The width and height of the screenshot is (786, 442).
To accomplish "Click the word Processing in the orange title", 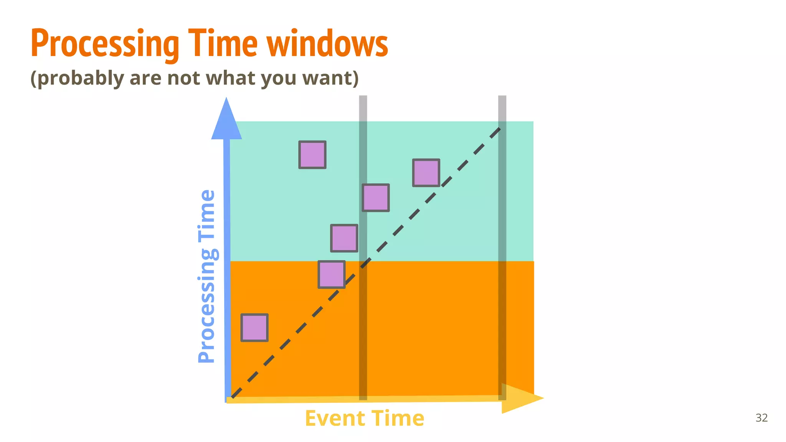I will [105, 44].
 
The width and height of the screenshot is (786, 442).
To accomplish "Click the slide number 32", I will [761, 417].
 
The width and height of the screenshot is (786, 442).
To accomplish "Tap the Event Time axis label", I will [364, 418].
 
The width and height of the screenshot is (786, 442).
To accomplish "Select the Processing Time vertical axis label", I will [207, 276].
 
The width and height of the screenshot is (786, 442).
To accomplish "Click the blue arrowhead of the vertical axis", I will [226, 121].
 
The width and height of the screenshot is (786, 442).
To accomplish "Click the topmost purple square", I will [312, 155].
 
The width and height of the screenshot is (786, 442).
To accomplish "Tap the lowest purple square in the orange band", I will [254, 328].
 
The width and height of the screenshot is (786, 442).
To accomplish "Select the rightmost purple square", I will [426, 173].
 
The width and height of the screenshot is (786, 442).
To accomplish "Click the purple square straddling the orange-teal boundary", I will [332, 274].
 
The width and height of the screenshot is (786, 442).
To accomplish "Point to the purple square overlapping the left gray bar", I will [376, 198].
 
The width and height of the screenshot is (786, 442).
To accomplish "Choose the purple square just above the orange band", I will [344, 238].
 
